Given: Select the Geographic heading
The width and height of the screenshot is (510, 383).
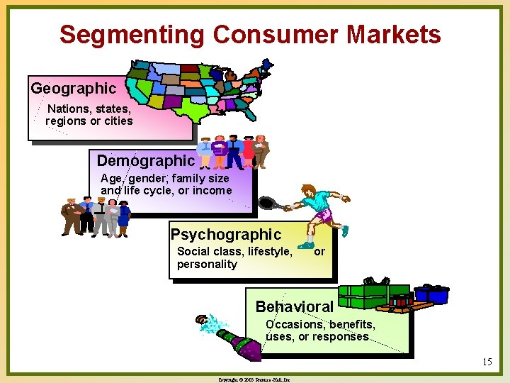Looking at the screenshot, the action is tap(73, 89).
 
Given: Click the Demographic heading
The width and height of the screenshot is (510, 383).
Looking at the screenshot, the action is tap(145, 161).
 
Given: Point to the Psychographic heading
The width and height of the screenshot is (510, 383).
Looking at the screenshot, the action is tap(226, 234).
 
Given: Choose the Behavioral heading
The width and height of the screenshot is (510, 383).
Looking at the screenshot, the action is tap(294, 307).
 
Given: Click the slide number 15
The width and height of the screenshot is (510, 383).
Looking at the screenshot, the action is tap(486, 362).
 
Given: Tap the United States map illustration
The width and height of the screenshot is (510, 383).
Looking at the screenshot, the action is tap(198, 89).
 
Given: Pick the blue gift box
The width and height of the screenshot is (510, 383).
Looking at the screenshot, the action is tap(431, 293).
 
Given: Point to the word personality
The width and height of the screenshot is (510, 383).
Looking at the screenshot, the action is tap(207, 265).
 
